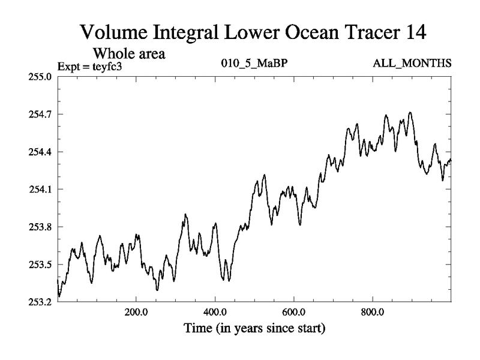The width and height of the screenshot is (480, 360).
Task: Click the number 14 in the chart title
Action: (412, 32)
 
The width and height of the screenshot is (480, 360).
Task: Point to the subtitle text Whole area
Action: (128, 53)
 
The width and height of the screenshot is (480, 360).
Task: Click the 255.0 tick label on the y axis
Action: (38, 76)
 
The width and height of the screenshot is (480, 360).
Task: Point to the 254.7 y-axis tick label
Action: (38, 114)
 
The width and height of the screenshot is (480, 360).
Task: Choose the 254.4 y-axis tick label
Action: (38, 152)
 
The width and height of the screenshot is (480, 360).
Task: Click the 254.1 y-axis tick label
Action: (38, 189)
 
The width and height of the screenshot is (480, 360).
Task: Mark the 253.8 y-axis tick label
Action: (38, 227)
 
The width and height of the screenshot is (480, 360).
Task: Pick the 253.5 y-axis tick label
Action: (38, 265)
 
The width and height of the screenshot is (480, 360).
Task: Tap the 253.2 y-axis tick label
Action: (38, 302)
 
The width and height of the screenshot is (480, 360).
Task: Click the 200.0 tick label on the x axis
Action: (136, 313)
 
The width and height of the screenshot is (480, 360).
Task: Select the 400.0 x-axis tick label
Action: (215, 313)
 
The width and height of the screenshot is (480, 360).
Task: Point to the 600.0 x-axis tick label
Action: (294, 313)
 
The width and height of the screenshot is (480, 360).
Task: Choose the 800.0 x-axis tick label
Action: (373, 313)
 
